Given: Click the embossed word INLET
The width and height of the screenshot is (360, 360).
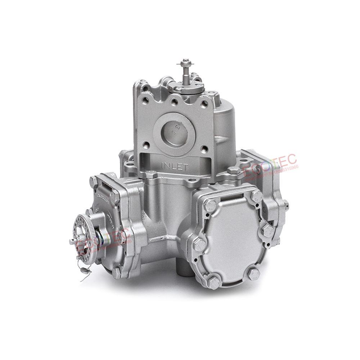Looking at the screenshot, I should (174, 166).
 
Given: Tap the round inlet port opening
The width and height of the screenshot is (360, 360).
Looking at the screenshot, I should (174, 132).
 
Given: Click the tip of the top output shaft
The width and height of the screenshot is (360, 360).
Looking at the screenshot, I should (186, 61).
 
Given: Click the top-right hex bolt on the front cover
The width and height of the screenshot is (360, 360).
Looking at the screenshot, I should (257, 196).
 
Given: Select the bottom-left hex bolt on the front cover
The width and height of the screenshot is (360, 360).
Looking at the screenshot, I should (214, 283).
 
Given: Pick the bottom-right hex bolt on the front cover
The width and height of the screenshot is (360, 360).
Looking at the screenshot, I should (254, 275).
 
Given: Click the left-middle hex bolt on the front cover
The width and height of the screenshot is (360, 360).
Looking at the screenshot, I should (199, 245).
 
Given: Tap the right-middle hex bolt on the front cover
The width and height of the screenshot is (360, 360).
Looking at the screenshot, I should (268, 230).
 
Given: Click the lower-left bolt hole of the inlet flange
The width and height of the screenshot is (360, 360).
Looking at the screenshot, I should (146, 145).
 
